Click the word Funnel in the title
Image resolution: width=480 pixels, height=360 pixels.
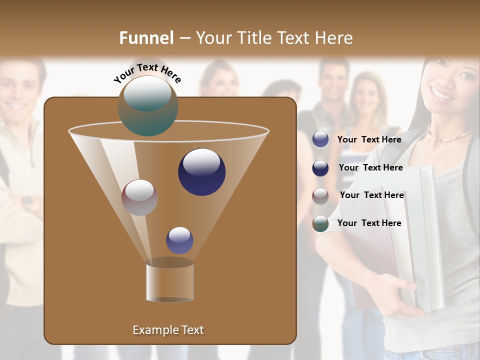point(146,38)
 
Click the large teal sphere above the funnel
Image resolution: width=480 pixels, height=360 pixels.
point(148,106)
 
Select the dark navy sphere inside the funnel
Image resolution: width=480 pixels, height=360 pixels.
point(202,172)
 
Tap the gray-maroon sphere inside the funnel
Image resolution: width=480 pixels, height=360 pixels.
point(140,197)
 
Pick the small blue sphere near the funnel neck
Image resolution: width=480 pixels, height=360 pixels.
point(180,240)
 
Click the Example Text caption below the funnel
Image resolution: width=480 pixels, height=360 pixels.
point(168,330)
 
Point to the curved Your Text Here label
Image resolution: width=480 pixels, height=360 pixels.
point(147,72)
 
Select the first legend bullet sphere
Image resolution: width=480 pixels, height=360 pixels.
point(320,139)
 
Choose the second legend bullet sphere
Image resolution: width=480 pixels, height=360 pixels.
point(320,167)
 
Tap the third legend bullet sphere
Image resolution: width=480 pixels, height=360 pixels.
point(320,195)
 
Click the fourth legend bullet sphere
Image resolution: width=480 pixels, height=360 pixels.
point(320,223)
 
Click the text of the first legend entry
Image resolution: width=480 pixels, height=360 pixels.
point(369,139)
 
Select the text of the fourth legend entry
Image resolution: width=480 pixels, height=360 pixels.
point(369,223)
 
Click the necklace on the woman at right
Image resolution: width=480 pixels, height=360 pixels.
point(450,135)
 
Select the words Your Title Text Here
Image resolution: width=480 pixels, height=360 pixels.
point(274,38)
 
